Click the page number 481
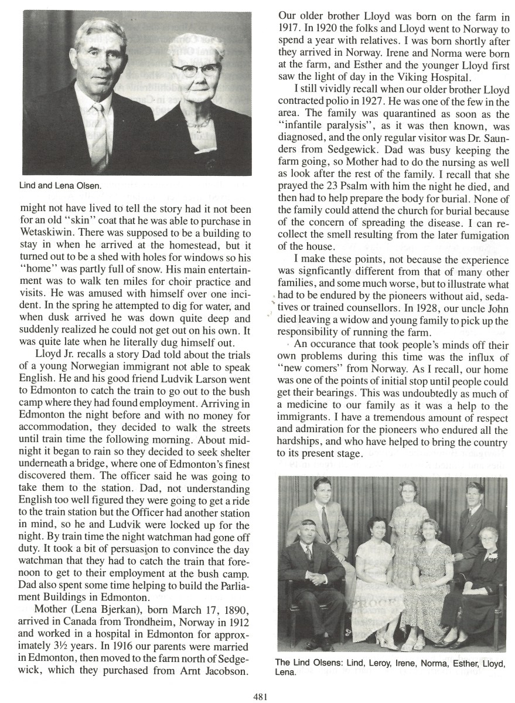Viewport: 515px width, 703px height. click(x=261, y=696)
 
